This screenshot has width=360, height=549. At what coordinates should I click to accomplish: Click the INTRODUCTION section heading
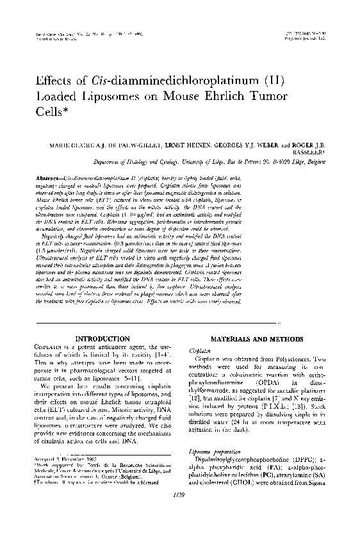(x=102, y=338)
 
